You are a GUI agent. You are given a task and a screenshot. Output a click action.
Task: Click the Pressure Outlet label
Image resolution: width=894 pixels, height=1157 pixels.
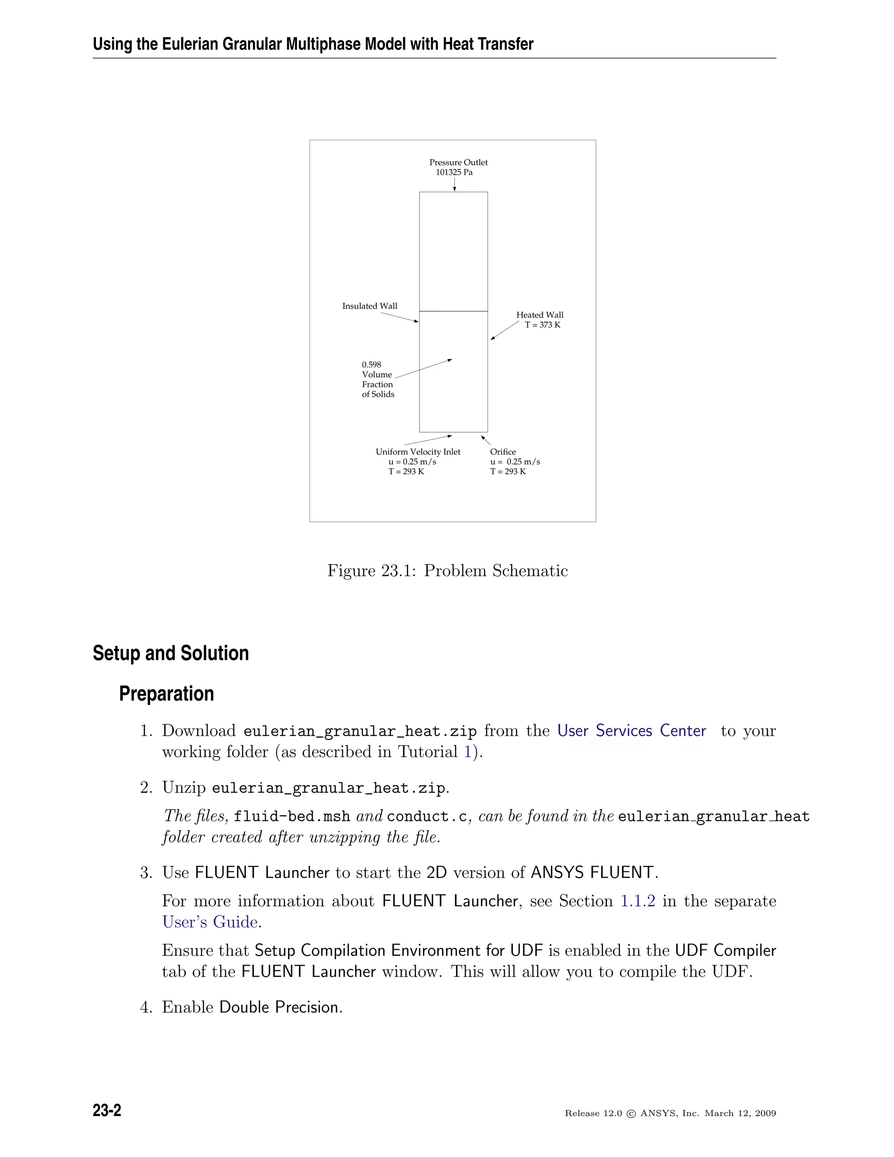pos(458,162)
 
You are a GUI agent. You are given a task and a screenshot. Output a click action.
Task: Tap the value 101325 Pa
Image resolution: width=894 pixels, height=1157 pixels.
pos(454,172)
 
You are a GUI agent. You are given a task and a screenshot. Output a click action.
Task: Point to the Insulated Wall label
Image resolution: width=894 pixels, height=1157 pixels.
pos(369,306)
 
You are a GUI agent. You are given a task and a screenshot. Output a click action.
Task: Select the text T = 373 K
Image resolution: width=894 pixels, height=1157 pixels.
pos(542,325)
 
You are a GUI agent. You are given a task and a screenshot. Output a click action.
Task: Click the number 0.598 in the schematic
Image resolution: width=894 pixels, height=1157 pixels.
pos(371,365)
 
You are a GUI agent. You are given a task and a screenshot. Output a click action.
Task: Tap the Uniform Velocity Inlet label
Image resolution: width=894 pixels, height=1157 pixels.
pos(418,452)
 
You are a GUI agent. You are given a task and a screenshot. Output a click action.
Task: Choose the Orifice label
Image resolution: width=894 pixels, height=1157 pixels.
pos(502,452)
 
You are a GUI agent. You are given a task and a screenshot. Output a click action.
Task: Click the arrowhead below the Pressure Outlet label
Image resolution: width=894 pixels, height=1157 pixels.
pos(454,189)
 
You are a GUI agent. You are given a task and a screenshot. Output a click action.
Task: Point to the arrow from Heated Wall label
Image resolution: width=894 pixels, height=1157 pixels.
pos(504,331)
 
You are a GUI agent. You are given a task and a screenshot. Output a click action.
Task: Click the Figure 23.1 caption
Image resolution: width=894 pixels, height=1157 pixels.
pos(447,571)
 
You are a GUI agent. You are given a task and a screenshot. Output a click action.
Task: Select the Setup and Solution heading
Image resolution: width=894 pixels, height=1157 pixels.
pos(171,653)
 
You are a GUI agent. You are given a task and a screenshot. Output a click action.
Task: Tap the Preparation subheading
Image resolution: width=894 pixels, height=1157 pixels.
pos(166,693)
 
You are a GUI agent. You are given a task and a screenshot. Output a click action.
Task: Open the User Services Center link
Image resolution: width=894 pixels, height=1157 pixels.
pos(631,730)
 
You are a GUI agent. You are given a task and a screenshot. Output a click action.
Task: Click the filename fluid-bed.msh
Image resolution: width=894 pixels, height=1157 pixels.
pos(292,816)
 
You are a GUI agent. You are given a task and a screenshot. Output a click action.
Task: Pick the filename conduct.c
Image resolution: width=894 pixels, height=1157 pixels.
pos(427,816)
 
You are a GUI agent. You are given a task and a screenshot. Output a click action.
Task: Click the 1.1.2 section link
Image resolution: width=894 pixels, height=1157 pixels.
pos(638,901)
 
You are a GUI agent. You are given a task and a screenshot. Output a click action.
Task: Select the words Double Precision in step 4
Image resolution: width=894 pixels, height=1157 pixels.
pos(280,1007)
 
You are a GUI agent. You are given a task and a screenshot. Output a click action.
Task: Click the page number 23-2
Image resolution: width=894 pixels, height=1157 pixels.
pos(107,1110)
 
